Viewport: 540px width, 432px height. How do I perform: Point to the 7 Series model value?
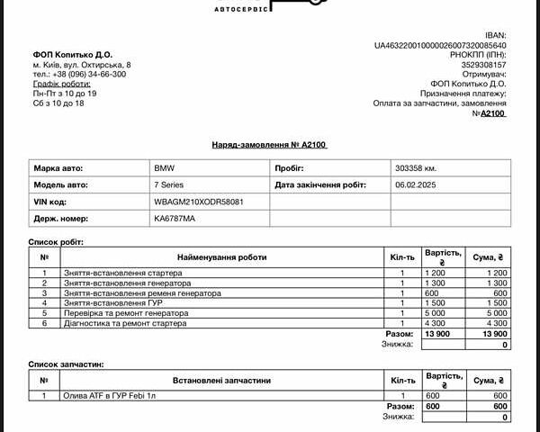pos(169,184)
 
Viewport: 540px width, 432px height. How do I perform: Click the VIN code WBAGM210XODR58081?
pos(199,202)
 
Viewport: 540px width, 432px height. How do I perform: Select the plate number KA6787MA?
pos(175,219)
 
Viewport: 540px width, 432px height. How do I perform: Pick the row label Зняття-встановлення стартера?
pos(116,273)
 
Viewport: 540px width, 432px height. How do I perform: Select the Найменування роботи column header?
pos(221,257)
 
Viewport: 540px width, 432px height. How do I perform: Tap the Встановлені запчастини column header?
pos(221,381)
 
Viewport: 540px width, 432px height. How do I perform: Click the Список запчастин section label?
pos(67,364)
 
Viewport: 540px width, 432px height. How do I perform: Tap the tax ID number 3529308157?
pos(483,65)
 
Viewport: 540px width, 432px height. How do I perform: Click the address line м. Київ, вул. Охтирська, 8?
pos(82,65)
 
